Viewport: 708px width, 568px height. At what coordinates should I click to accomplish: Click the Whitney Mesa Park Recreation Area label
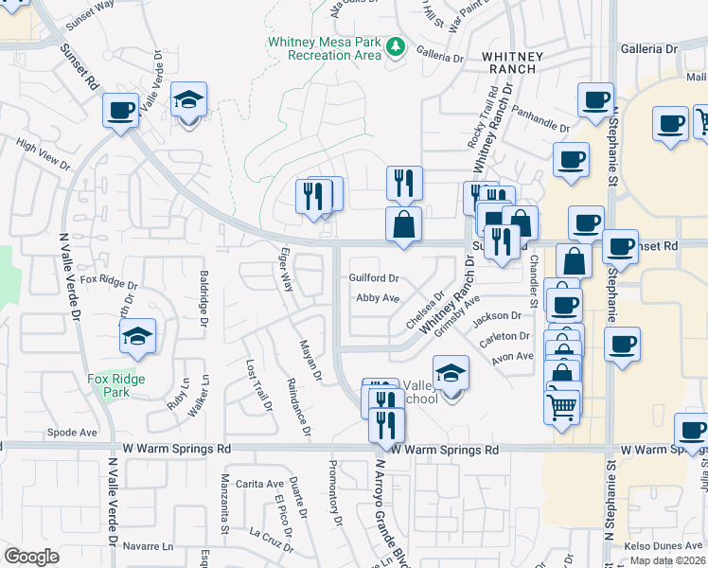click(x=324, y=48)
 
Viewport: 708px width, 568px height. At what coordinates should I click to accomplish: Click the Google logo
click(x=31, y=556)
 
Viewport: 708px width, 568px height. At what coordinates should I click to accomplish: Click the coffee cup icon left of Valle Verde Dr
click(x=121, y=112)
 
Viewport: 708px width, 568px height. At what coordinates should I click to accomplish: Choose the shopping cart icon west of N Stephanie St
click(x=561, y=408)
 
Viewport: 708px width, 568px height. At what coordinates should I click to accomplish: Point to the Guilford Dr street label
click(x=374, y=278)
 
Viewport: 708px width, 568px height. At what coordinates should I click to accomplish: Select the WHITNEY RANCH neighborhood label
click(x=512, y=63)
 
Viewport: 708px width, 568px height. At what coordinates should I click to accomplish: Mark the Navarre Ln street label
click(x=150, y=546)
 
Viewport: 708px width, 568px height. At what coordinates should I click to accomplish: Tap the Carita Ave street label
click(x=260, y=483)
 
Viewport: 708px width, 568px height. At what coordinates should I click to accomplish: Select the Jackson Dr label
click(x=503, y=316)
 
